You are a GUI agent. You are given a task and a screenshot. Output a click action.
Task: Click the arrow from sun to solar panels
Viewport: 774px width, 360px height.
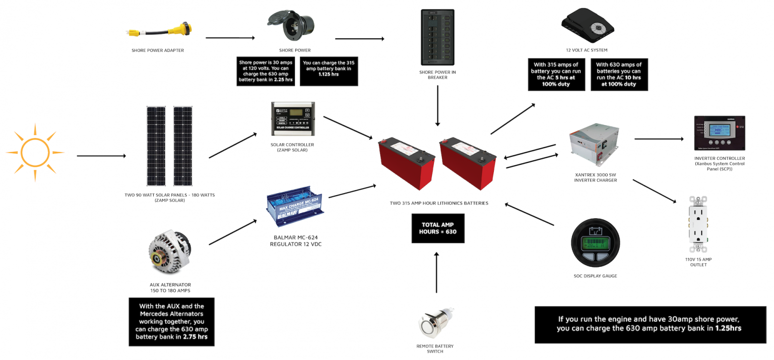101,156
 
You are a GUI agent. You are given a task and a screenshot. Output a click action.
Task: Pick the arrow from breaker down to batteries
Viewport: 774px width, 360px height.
437,105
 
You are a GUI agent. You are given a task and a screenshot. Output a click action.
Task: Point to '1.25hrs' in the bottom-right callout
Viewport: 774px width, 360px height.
728,328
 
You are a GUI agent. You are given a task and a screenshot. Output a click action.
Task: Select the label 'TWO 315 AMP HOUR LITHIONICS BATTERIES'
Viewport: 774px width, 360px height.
438,203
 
